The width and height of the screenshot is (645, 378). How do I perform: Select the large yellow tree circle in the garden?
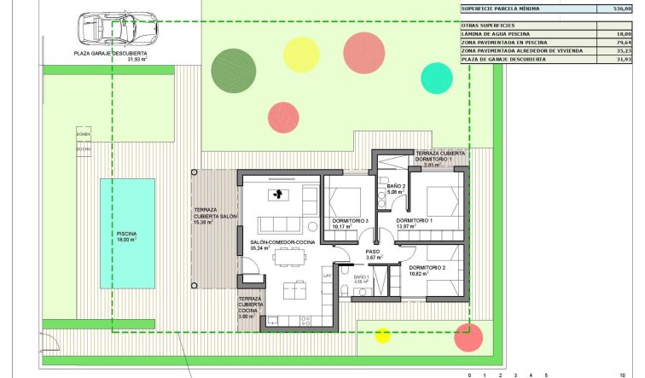[300, 54]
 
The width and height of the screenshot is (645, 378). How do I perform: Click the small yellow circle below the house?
[382, 335]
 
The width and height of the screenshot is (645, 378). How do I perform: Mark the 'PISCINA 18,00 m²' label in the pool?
[126, 237]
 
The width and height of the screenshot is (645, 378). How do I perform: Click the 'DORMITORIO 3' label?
[351, 222]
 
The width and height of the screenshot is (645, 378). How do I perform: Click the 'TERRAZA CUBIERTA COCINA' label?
[250, 306]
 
